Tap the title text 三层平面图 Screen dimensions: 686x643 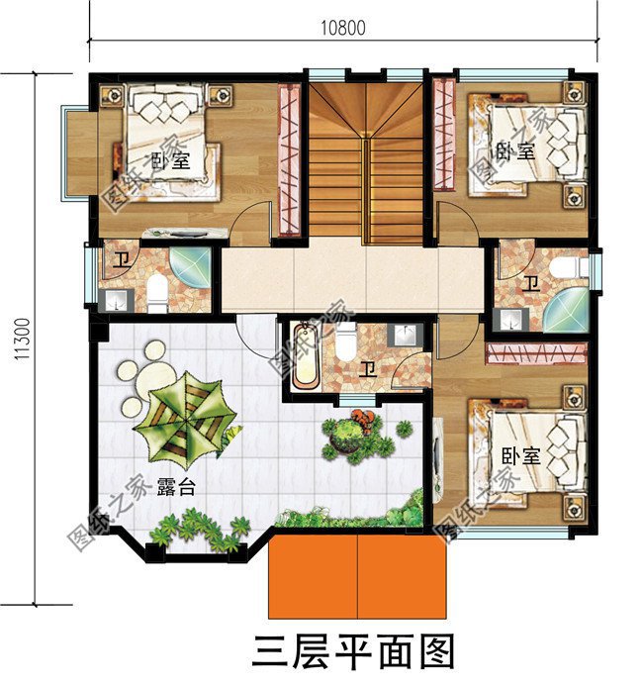click(353, 653)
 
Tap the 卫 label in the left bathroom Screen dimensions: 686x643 click(121, 262)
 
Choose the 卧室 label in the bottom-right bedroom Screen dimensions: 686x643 click(519, 456)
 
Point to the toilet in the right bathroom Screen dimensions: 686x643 click(567, 268)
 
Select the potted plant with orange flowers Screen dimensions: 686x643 click(354, 433)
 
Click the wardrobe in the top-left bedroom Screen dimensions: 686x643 click(289, 158)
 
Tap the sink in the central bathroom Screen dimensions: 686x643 click(406, 335)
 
